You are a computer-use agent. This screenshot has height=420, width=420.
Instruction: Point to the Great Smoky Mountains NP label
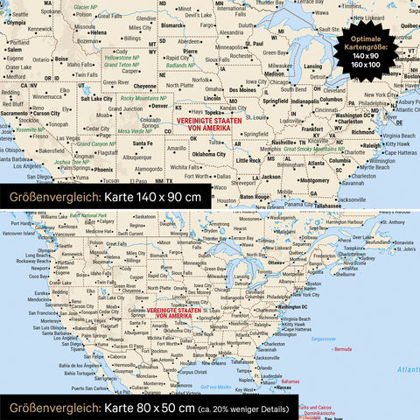tap(312, 150)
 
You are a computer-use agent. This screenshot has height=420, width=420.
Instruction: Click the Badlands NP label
tap(180, 65)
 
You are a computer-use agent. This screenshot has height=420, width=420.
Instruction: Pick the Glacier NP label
tap(86, 6)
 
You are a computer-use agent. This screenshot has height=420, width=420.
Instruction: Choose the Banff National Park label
tap(89, 215)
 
